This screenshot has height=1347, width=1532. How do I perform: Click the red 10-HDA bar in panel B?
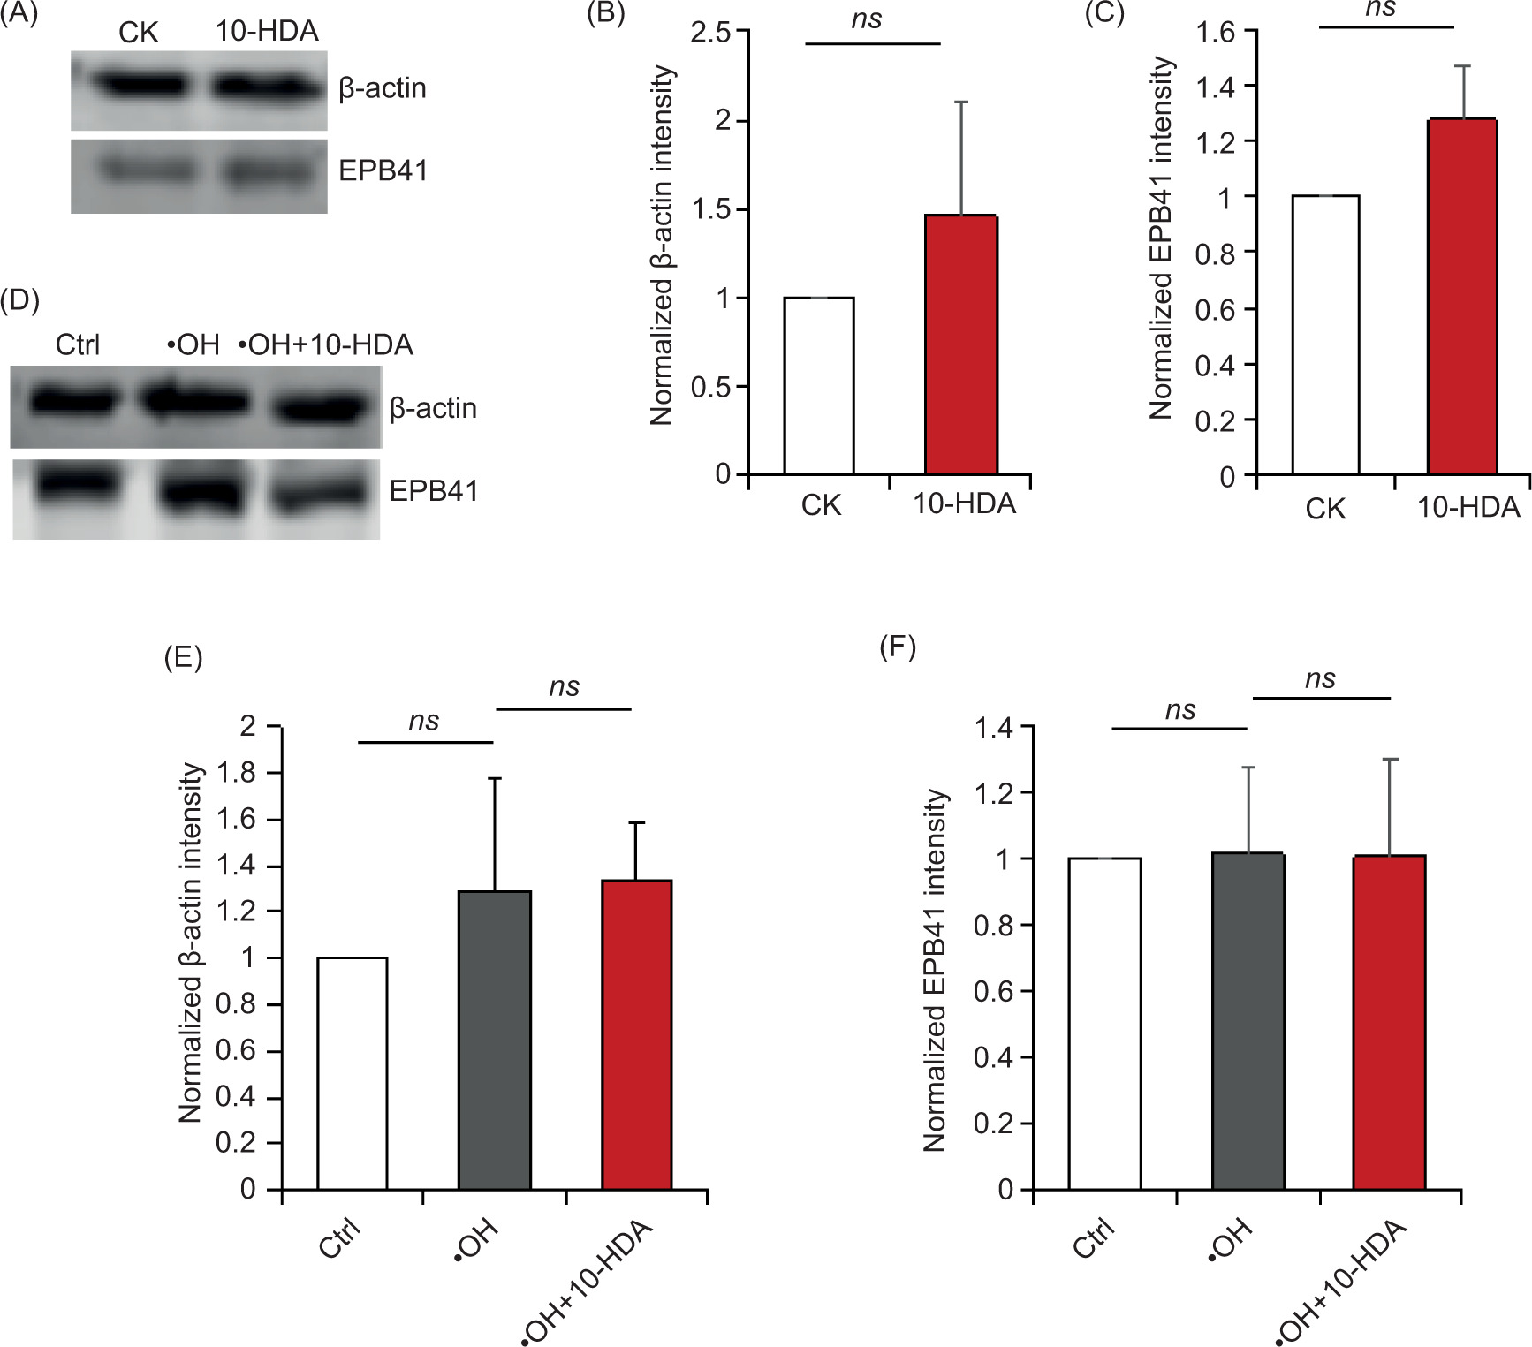click(x=961, y=344)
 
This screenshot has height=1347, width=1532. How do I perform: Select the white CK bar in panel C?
click(x=1325, y=336)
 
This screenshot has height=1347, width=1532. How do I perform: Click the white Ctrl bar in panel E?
click(x=352, y=1073)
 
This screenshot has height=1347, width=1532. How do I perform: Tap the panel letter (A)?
click(x=19, y=14)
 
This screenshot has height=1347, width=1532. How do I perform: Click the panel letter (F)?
click(x=898, y=647)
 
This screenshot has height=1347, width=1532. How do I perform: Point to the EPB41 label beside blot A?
click(x=383, y=170)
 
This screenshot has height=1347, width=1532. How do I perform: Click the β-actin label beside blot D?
click(x=433, y=408)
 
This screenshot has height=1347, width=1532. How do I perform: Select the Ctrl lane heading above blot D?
click(x=78, y=344)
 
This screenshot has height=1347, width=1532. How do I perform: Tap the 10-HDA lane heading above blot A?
click(x=267, y=32)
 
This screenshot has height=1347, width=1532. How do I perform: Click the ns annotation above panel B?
click(x=867, y=19)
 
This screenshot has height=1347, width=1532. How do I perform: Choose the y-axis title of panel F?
click(x=935, y=970)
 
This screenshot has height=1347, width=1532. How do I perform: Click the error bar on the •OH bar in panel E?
click(x=495, y=834)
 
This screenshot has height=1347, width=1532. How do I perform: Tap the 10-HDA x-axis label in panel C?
click(x=1468, y=507)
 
